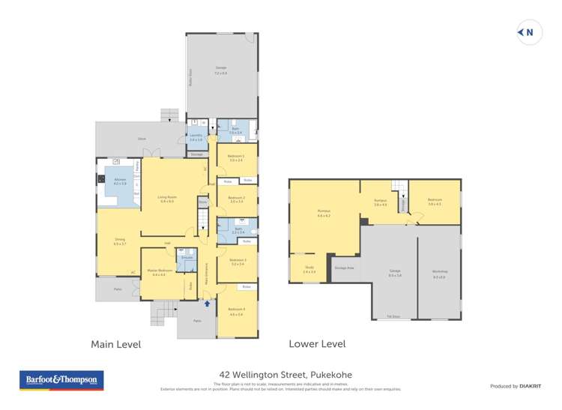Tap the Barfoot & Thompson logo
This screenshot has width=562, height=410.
click(x=61, y=380)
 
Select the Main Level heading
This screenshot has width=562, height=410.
click(x=115, y=345)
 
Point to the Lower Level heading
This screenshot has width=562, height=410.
click(x=317, y=344)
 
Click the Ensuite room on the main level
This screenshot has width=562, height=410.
click(x=187, y=258)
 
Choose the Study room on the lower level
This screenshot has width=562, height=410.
click(x=309, y=270)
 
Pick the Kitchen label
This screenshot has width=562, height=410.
click(x=119, y=182)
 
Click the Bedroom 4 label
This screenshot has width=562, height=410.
click(x=236, y=309)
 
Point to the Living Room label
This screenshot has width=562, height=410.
click(x=166, y=199)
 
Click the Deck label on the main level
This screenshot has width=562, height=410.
click(x=142, y=139)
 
